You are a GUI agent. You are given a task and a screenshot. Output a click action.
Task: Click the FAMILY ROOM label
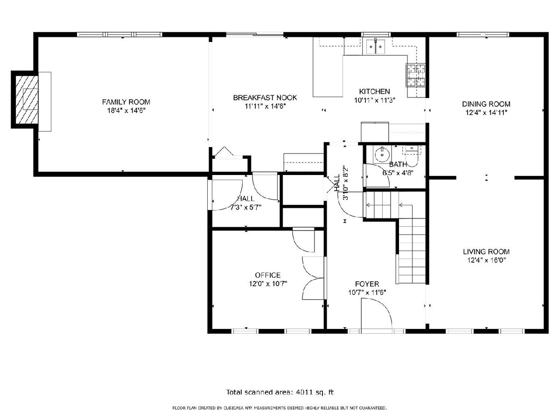[x=126, y=102]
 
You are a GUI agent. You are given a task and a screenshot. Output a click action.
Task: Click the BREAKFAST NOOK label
[x=265, y=98]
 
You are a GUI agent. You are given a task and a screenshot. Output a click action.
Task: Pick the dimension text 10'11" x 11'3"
[x=375, y=100]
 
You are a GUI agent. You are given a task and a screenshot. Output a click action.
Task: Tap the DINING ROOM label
[x=486, y=104]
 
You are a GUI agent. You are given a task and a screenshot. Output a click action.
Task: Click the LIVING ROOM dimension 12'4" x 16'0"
[x=486, y=260]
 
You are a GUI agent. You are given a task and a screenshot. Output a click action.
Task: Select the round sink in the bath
[x=382, y=154]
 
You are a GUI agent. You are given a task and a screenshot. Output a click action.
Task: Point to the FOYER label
[x=367, y=284]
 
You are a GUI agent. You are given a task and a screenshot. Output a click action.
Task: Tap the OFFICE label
[x=267, y=275]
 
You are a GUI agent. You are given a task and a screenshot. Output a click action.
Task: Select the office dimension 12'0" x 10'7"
[x=268, y=284]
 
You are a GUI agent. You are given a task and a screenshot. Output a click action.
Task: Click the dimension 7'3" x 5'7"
[x=245, y=207]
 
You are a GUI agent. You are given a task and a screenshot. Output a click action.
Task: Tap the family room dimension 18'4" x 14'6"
[x=126, y=111]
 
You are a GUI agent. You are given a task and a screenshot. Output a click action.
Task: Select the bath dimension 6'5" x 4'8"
[x=398, y=173]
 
